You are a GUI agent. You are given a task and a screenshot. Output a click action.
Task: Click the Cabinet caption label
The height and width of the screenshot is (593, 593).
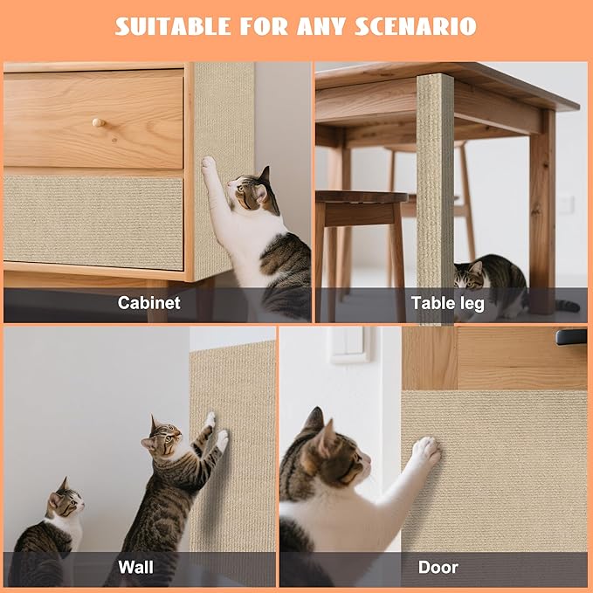[149, 303]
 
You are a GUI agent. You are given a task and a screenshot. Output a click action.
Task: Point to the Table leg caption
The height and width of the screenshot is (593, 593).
[446, 303]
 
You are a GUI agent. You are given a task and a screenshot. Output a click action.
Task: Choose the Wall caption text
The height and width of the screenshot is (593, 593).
[135, 567]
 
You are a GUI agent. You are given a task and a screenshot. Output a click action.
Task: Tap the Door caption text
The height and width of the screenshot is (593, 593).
[438, 567]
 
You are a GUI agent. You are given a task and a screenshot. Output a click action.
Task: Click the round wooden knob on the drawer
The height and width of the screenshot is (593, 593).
[98, 122]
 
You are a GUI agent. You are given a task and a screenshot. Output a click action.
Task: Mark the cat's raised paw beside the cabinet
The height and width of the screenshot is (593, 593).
[209, 164]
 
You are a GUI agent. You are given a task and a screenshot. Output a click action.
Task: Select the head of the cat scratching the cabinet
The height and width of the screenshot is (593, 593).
[251, 193]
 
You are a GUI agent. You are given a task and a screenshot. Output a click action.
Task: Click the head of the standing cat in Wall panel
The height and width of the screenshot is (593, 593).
[165, 437]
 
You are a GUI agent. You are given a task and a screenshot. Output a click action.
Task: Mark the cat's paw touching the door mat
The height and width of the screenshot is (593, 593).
[425, 451]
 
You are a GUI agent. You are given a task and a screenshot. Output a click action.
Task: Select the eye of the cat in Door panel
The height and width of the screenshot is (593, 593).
[346, 455]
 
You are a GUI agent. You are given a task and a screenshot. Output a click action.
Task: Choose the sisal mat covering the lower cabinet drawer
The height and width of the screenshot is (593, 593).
[93, 222]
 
